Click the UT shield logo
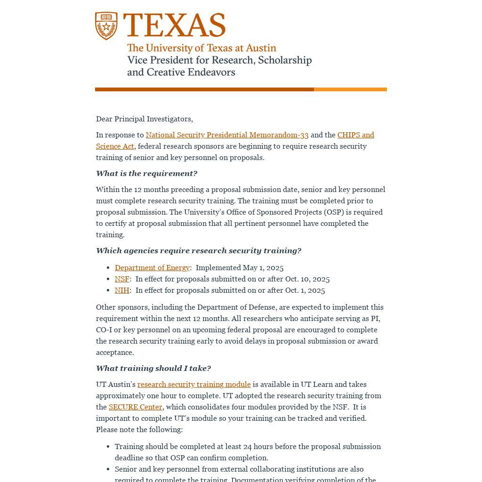[x=106, y=26]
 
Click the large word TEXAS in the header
[x=174, y=25]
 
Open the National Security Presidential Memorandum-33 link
[x=227, y=135]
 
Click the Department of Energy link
[x=152, y=268]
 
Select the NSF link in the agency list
[x=122, y=279]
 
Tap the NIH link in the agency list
[x=122, y=290]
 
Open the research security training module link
[x=194, y=385]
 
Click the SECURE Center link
[x=135, y=407]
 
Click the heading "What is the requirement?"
[x=146, y=174]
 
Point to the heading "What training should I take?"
[x=153, y=369]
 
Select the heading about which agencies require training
[x=198, y=251]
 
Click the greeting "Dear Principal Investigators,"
[x=145, y=119]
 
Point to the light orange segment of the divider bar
[x=350, y=89]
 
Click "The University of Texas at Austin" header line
[x=201, y=48]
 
